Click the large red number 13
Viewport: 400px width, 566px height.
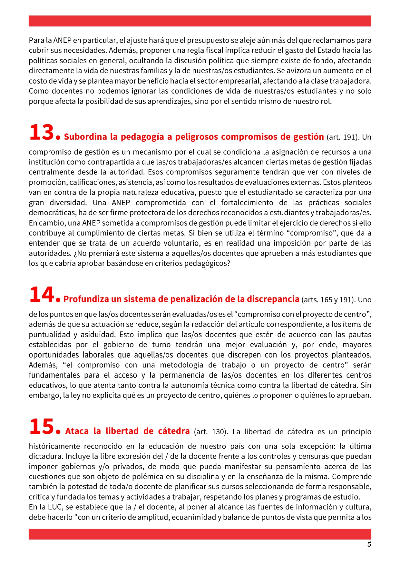(x=42, y=133)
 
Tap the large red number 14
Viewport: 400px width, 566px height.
(x=42, y=295)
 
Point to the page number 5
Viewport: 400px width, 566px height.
(x=369, y=544)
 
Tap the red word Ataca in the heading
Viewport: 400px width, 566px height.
(x=77, y=431)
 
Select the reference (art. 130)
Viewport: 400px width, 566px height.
(x=211, y=432)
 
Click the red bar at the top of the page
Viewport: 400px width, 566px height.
(x=200, y=21)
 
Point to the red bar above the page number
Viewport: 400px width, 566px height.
(x=200, y=534)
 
